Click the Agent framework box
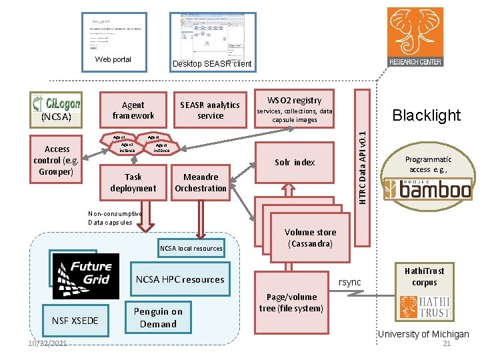click(133, 110)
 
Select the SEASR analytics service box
click(210, 110)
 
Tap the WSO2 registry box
click(294, 110)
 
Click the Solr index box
click(295, 162)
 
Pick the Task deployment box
click(133, 182)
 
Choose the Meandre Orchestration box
click(200, 182)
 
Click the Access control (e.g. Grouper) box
click(57, 160)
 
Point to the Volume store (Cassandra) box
click(311, 238)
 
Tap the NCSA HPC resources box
click(180, 279)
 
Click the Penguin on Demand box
click(157, 317)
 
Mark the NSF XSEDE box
click(75, 321)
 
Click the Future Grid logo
click(85, 275)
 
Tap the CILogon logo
click(57, 103)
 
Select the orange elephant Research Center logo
click(415, 37)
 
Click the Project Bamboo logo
click(427, 189)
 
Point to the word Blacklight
click(426, 115)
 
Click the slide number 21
click(447, 343)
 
